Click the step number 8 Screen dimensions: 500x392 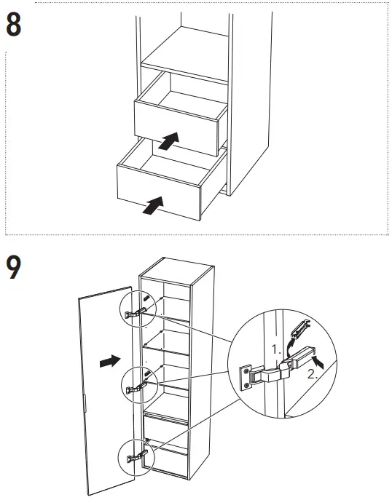(14, 25)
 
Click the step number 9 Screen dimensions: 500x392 (14, 269)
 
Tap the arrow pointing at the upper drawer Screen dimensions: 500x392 (168, 140)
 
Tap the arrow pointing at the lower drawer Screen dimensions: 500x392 (151, 207)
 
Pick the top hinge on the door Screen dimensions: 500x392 (136, 312)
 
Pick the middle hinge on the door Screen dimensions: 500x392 (136, 388)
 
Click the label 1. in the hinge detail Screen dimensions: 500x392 (275, 349)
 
